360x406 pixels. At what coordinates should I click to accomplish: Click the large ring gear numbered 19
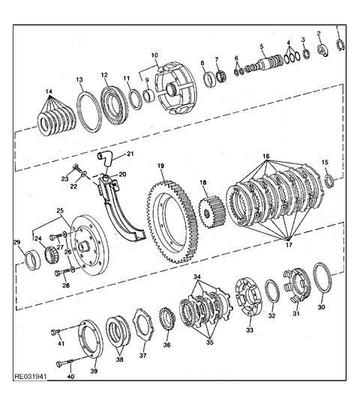click(x=151, y=222)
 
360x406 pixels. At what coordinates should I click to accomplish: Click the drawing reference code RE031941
click(x=31, y=376)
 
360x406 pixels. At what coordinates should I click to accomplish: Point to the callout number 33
click(x=250, y=330)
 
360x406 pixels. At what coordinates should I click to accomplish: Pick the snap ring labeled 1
click(x=340, y=44)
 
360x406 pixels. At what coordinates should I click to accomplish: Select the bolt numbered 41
click(x=55, y=331)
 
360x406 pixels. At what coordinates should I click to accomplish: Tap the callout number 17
click(x=289, y=245)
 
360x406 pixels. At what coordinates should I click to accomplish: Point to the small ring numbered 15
click(x=329, y=181)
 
